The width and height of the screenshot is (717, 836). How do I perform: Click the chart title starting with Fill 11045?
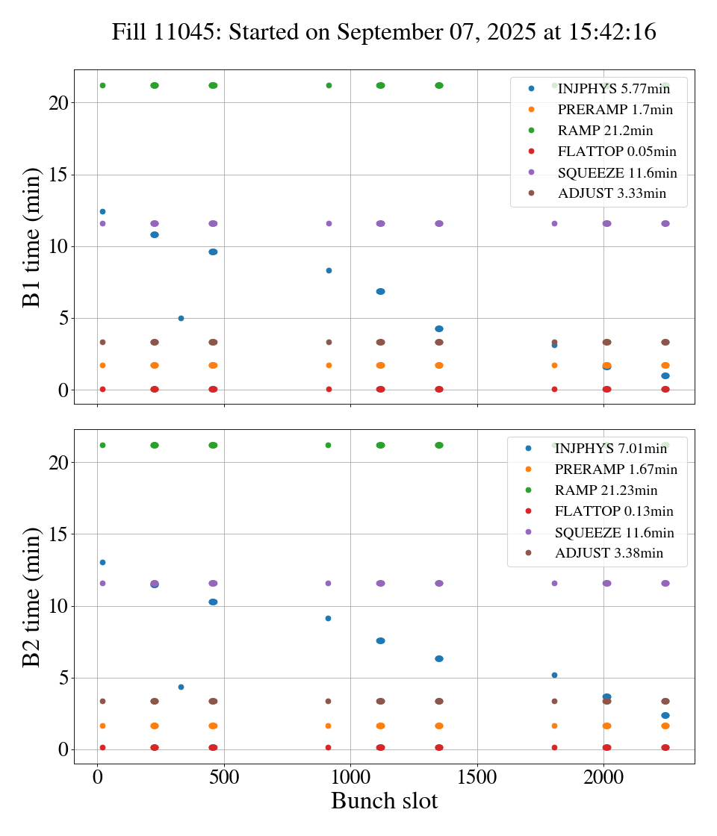tap(384, 32)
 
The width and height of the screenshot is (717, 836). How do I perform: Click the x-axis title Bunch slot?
tap(384, 802)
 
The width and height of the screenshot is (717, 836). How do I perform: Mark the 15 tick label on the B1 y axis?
tap(58, 175)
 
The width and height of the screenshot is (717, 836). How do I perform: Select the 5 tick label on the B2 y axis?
tap(63, 679)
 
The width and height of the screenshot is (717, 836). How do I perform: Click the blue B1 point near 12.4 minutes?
tap(102, 211)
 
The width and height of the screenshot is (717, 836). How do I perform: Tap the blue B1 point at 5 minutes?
tap(181, 318)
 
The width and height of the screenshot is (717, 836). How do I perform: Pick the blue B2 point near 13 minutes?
tap(102, 562)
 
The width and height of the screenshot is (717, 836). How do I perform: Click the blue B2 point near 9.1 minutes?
tap(328, 618)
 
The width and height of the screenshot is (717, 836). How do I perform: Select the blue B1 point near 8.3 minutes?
tap(329, 270)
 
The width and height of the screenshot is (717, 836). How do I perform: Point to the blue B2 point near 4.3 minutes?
tap(181, 687)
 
